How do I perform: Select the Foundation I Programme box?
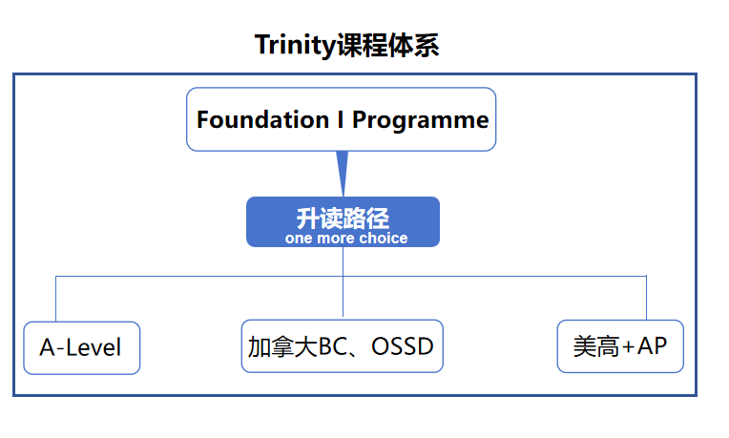coord(341,119)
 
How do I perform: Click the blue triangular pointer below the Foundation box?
coord(343,172)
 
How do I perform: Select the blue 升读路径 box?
coord(343,221)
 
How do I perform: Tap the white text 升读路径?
coord(343,217)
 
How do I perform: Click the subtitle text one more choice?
coord(345,238)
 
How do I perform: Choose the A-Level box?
coord(81,347)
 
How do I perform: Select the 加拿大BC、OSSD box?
coord(342,345)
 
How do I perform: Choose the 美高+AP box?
coord(619,345)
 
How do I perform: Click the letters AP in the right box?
coord(652,345)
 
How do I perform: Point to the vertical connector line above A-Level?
coord(56,298)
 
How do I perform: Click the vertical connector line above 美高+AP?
coord(647,298)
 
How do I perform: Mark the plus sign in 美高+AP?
coord(627,346)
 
